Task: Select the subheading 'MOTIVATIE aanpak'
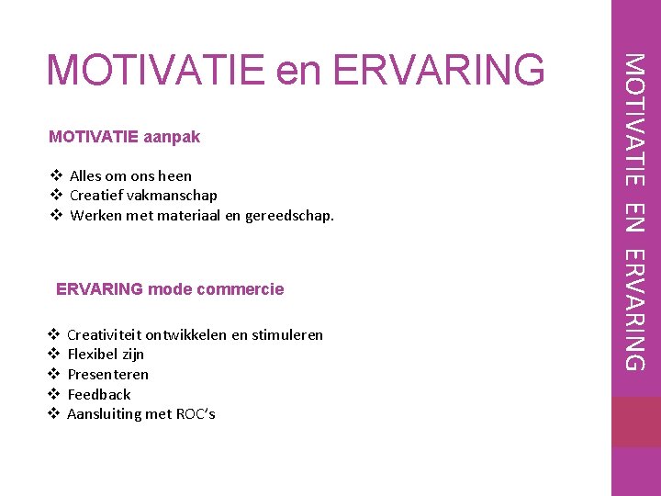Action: [124, 138]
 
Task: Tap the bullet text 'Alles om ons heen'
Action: [130, 175]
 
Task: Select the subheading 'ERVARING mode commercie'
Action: [170, 289]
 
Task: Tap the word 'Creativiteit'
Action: [104, 334]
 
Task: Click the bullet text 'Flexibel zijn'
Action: [106, 355]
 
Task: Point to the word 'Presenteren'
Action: [107, 375]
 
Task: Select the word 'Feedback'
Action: [99, 395]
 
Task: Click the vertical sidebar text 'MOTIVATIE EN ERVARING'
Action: [635, 211]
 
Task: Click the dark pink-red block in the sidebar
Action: [635, 422]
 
